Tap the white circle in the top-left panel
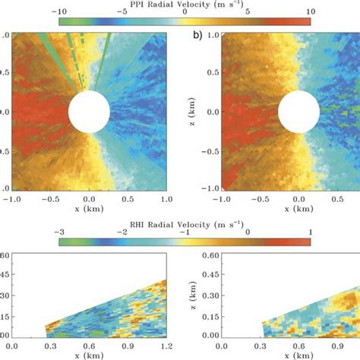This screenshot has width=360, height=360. coord(89,112)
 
